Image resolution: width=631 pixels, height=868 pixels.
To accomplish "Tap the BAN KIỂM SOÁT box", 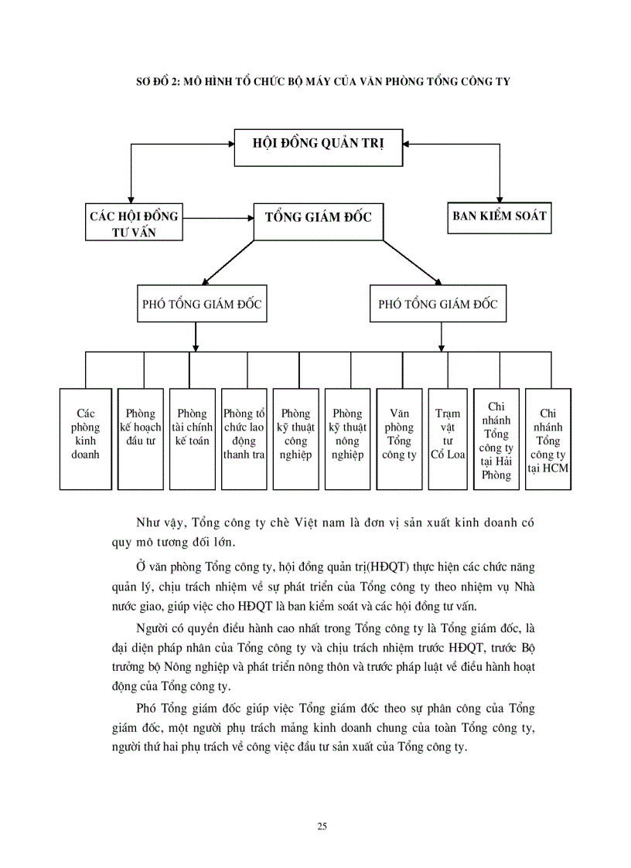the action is [499, 216].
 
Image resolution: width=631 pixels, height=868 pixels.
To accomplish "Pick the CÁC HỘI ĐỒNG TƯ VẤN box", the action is [134, 223].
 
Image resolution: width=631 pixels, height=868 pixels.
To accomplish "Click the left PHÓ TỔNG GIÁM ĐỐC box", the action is [202, 305].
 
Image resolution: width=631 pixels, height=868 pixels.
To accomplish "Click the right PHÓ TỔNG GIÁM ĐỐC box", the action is [438, 305].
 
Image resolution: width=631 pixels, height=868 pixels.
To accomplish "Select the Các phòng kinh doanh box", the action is [85, 438].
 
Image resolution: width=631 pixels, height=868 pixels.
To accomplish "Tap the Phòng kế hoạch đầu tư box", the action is [140, 438].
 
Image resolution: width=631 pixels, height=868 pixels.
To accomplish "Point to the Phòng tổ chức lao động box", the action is [244, 438].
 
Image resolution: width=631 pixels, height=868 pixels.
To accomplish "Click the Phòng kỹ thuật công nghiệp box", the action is [295, 438].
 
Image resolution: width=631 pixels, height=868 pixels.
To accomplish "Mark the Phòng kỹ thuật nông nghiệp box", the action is [347, 438].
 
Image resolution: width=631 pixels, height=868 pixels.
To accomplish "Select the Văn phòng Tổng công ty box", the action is [399, 438].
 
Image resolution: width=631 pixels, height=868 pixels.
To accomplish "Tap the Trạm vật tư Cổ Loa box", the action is [447, 438].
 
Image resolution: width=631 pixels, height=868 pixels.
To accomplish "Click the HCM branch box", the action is [548, 438].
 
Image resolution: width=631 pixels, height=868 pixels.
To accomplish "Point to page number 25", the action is [322, 826].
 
